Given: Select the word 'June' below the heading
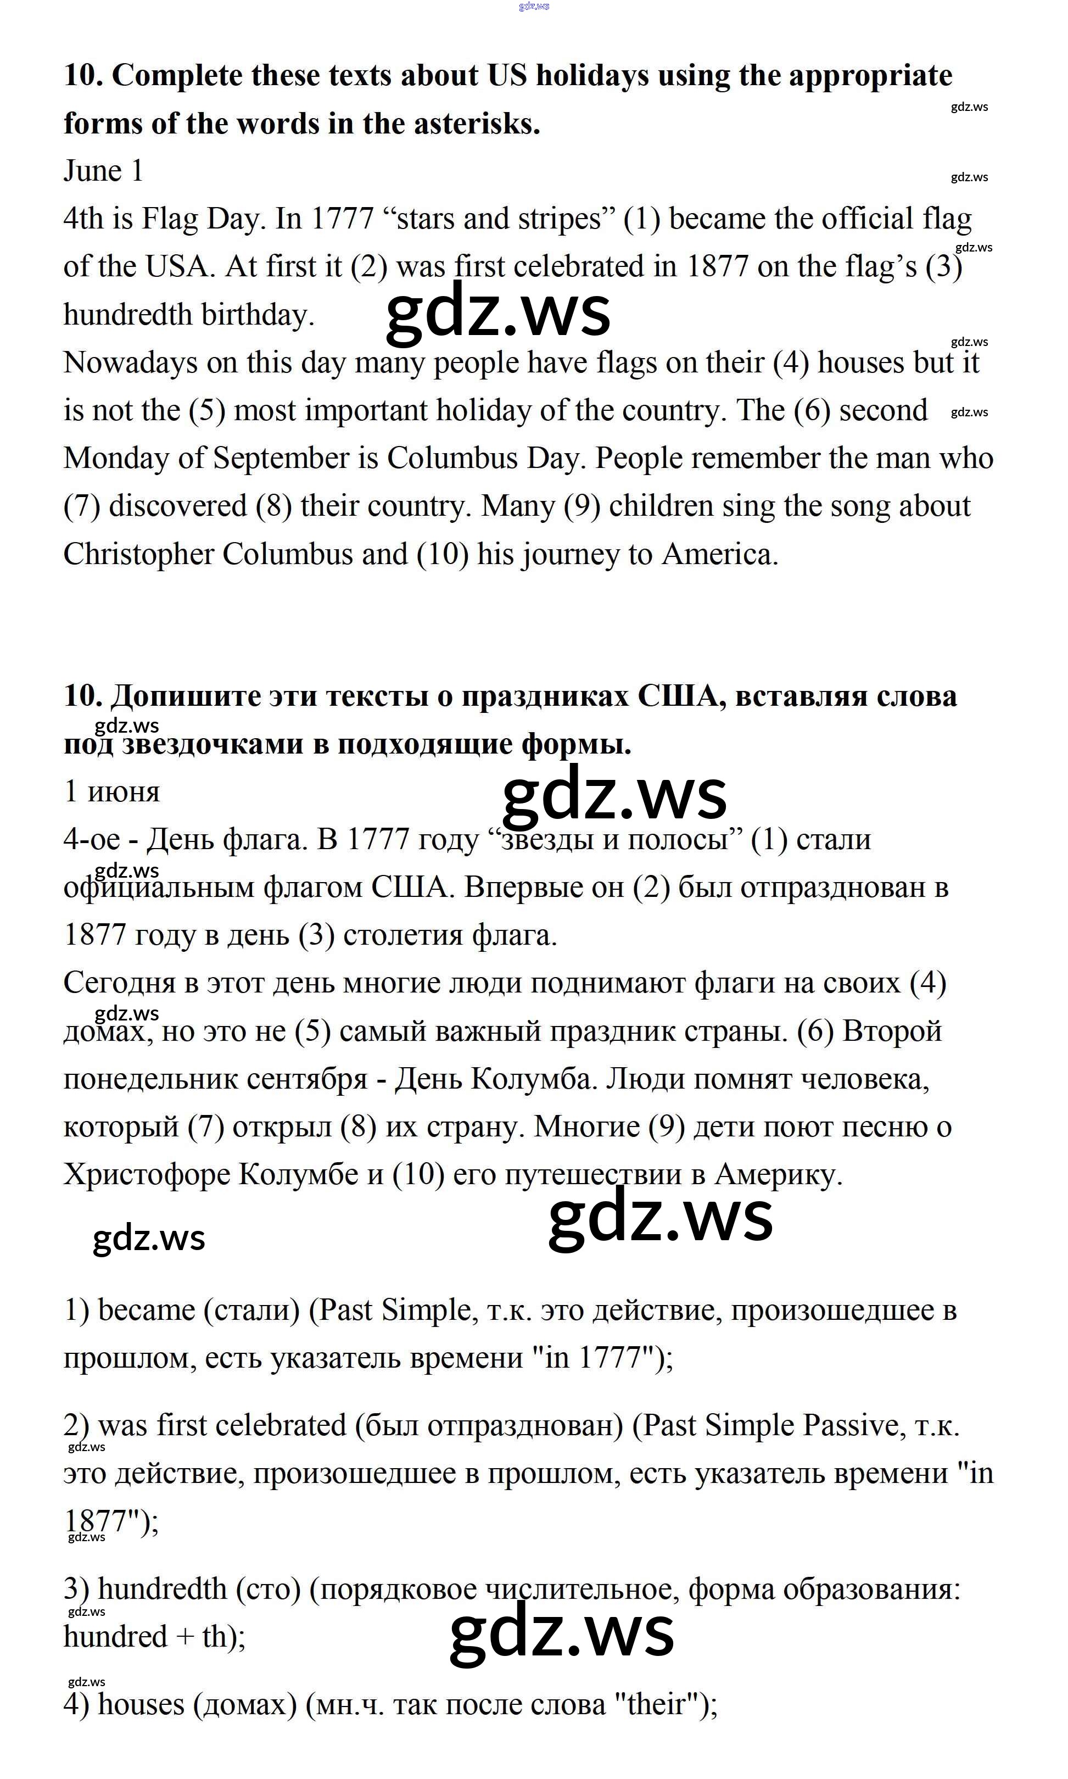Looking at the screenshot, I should pos(92,171).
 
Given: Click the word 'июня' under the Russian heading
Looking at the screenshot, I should pos(124,791).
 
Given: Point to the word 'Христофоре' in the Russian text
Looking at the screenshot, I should pos(146,1174).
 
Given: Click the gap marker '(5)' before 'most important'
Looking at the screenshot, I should pos(207,411).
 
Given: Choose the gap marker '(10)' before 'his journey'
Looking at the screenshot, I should pos(443,554).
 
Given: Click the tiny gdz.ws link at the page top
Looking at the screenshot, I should pos(533,5).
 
